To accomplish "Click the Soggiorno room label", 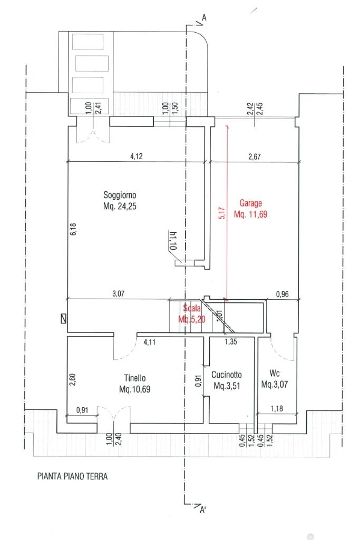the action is (x=120, y=195).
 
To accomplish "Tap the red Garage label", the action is (x=251, y=203).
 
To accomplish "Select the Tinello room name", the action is (x=135, y=378).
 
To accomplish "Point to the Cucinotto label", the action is (x=226, y=375).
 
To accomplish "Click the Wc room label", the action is (x=275, y=373).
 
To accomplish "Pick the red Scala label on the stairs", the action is (x=192, y=308).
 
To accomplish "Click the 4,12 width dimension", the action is (x=137, y=156).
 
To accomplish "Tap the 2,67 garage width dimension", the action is (x=255, y=156).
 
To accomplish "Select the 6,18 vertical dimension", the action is (x=73, y=229).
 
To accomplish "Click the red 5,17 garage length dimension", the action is (x=222, y=213).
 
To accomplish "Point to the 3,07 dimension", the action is (x=118, y=294).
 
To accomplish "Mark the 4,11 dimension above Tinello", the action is (x=149, y=342).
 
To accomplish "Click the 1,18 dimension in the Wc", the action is (x=277, y=408).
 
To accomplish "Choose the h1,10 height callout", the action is (x=173, y=240).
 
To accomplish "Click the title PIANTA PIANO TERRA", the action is (x=72, y=476).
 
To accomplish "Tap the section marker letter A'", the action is (x=203, y=509).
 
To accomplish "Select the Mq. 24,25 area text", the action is (x=120, y=207).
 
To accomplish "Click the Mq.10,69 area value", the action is (x=135, y=389).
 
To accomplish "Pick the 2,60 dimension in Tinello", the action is (x=73, y=379).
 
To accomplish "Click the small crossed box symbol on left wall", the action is (x=63, y=319).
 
